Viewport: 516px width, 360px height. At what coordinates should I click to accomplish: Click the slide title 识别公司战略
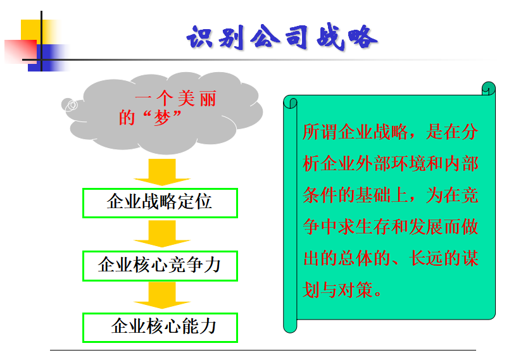282,37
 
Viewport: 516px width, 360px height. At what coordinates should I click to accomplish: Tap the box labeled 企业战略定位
160,203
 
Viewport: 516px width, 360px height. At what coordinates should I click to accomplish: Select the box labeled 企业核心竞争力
160,266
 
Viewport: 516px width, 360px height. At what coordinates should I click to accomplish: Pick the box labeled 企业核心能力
160,328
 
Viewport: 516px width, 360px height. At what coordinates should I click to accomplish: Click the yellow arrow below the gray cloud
162,172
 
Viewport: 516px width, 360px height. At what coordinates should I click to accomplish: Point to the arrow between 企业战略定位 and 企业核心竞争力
162,233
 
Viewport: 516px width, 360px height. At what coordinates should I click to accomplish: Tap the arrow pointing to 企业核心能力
162,295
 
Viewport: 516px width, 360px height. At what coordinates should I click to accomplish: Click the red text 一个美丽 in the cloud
176,98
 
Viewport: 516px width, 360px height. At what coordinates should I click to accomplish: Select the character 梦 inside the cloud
162,118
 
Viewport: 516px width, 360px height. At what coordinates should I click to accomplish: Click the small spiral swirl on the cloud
71,106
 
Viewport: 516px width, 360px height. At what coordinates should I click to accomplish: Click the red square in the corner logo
20,51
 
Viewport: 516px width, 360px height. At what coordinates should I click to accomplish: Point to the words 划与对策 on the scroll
337,290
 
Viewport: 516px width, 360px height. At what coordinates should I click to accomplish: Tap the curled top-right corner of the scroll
488,89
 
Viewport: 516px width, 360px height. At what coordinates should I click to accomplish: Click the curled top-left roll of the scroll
290,102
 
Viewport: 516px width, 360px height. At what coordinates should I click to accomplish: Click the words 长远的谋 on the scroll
444,258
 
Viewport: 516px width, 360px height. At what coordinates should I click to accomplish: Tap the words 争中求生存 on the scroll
346,227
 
